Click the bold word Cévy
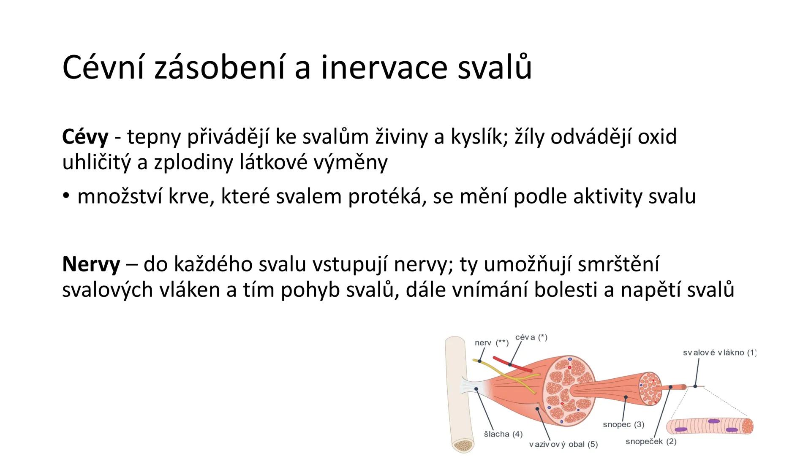(85, 137)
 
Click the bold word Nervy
(91, 265)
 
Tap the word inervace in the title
(384, 68)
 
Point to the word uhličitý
(96, 163)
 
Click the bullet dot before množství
(65, 196)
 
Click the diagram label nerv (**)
(491, 343)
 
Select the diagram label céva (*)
(531, 337)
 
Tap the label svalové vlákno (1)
(719, 353)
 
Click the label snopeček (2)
(651, 442)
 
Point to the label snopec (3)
(623, 424)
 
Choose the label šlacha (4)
(503, 434)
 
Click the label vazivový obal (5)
(563, 445)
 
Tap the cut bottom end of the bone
(463, 445)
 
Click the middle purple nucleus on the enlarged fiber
(714, 421)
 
